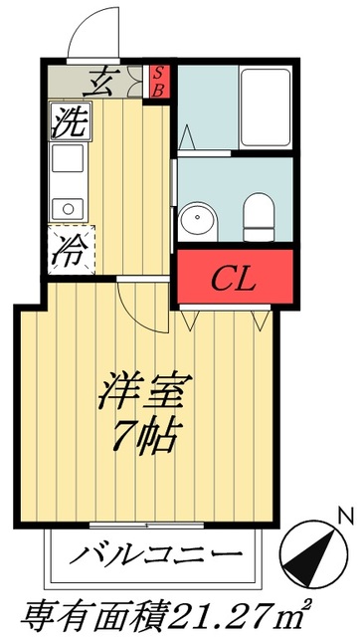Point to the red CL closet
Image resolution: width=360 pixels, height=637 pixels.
click(x=235, y=277)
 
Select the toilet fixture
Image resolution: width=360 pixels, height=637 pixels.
click(x=261, y=215)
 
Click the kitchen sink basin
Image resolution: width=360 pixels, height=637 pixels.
click(x=67, y=208)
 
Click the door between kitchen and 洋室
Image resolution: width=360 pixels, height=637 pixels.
click(x=135, y=299)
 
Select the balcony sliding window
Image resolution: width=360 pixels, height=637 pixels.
click(x=147, y=524)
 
